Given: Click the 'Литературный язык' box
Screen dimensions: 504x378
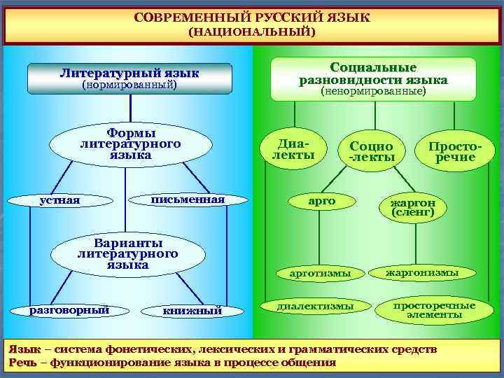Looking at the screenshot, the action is [x=129, y=78].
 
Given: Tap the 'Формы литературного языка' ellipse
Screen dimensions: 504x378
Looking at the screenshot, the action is [x=131, y=144].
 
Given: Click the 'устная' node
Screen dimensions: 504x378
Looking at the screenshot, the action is [x=60, y=201].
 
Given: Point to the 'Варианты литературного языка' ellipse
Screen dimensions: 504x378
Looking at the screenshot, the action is [x=128, y=254].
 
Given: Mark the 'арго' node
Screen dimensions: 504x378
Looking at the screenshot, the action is [x=322, y=201].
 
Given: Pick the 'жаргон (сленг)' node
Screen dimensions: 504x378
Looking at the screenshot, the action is [x=413, y=206].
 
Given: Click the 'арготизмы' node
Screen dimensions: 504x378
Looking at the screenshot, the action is [x=320, y=273].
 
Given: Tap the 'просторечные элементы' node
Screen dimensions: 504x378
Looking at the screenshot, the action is [x=434, y=310].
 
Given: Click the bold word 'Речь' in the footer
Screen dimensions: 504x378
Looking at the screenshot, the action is [x=20, y=363].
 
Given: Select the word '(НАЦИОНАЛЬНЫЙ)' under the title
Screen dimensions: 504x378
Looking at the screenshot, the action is [x=252, y=32].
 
